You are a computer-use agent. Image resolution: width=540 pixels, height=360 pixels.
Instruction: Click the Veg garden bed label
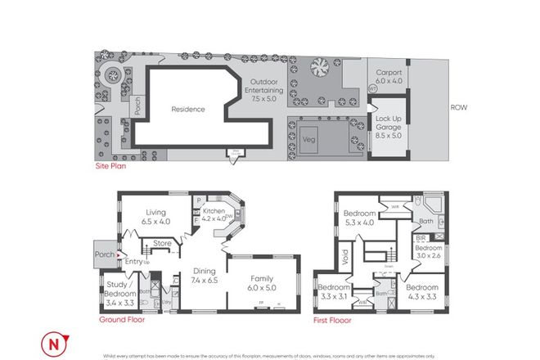pyautogui.click(x=310, y=138)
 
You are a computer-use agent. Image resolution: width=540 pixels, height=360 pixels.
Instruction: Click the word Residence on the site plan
pyautogui.click(x=187, y=109)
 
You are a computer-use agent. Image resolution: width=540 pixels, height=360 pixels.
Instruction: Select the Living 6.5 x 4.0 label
pyautogui.click(x=155, y=215)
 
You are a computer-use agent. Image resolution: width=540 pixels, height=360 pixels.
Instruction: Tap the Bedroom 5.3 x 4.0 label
pyautogui.click(x=360, y=216)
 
